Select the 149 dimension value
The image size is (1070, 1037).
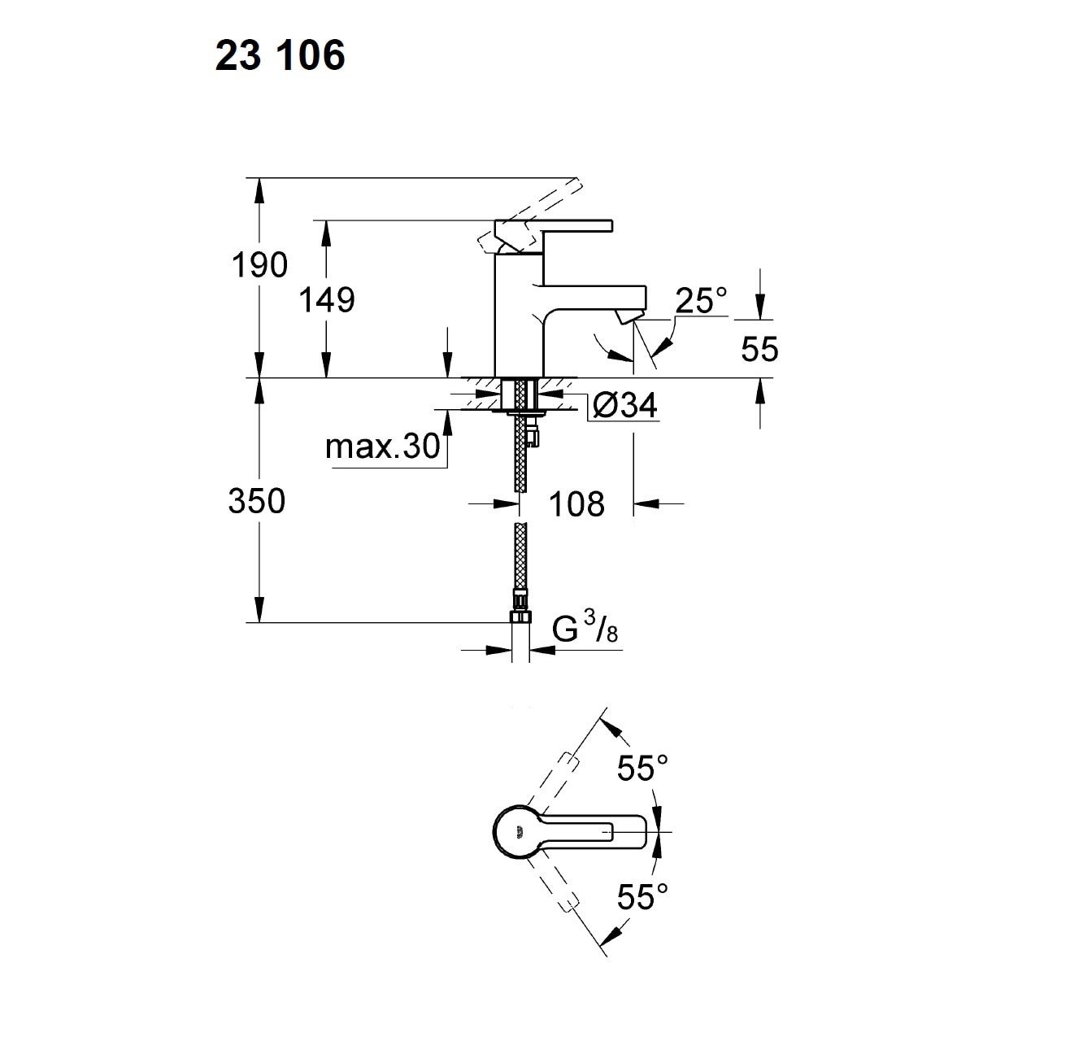click(x=327, y=300)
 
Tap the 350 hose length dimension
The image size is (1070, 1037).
click(x=257, y=501)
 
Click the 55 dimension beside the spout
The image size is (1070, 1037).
click(x=759, y=349)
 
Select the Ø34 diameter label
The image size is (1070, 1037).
click(x=624, y=404)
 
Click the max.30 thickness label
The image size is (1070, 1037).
click(x=381, y=447)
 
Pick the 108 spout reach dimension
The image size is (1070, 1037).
click(x=577, y=504)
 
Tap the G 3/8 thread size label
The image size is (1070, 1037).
click(x=585, y=630)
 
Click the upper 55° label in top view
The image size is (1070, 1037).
click(x=642, y=768)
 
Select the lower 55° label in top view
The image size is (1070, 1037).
click(x=642, y=897)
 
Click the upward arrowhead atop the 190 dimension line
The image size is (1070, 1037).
click(x=259, y=189)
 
